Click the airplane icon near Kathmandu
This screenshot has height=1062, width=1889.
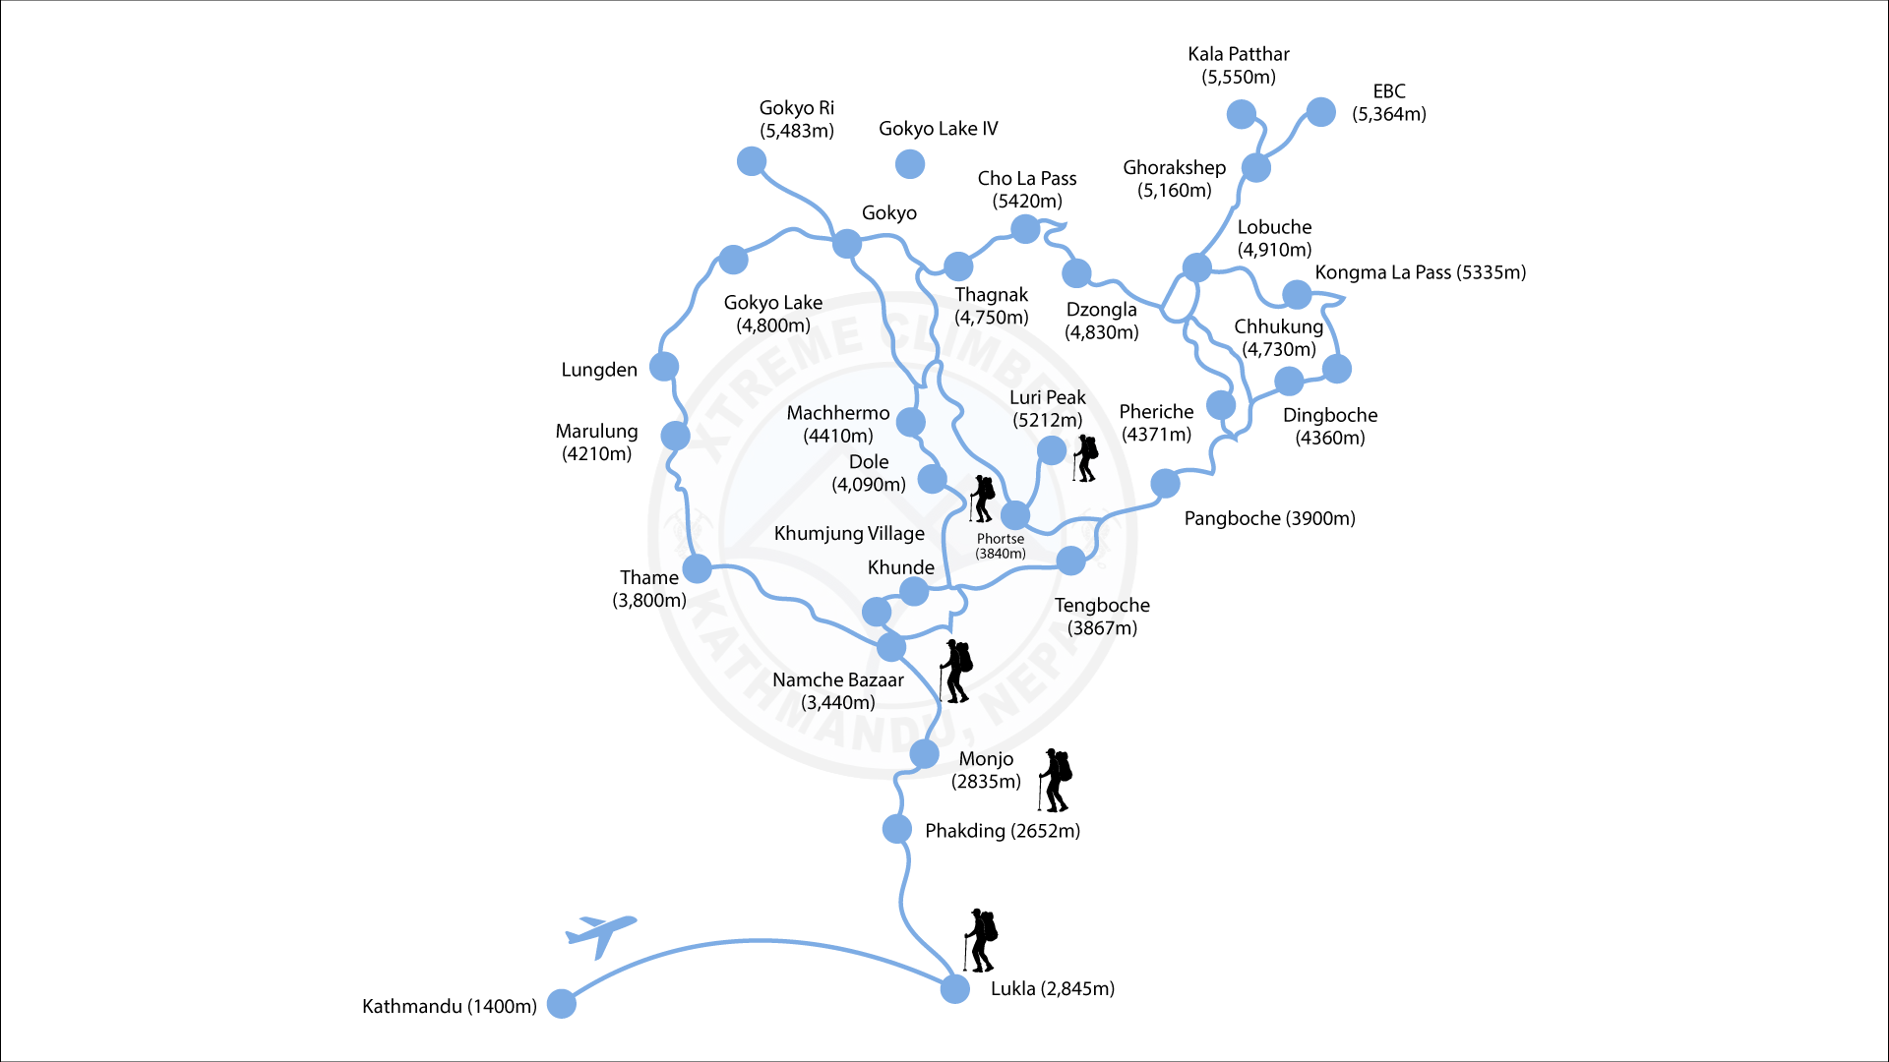tap(600, 934)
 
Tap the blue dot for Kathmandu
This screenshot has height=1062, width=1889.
tap(561, 1004)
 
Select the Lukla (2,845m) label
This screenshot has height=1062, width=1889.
tap(1052, 988)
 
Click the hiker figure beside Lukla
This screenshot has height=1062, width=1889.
tap(981, 940)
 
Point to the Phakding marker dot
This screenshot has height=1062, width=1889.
tap(896, 829)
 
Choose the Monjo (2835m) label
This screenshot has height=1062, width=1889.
tap(986, 770)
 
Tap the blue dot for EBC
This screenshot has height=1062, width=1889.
tap(1320, 112)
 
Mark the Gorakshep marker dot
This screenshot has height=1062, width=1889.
tap(1255, 167)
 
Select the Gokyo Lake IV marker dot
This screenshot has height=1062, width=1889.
tap(910, 163)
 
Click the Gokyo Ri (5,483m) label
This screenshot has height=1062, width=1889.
tap(796, 119)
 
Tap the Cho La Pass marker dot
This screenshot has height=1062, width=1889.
tap(1025, 229)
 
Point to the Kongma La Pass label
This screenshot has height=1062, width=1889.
tap(1420, 272)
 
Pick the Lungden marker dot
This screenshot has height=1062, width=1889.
tap(664, 367)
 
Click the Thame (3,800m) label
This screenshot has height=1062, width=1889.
tap(649, 588)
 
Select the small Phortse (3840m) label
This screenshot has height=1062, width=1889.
tap(1001, 546)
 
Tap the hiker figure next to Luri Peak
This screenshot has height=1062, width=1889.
tap(1085, 458)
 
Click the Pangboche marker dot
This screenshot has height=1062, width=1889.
tap(1165, 483)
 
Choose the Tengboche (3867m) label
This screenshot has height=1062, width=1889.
tap(1102, 617)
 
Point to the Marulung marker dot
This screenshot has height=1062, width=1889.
tap(675, 436)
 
